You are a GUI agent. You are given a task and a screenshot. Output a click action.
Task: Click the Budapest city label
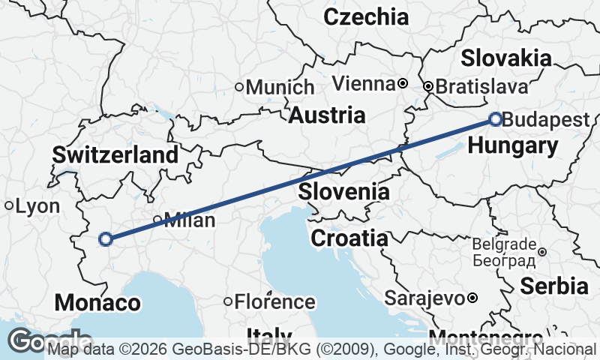[546, 120]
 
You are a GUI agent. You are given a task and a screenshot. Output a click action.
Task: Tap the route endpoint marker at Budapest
[495, 118]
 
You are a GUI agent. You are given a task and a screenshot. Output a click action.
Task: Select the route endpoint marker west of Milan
[106, 239]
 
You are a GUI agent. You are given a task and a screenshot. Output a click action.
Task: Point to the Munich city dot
[240, 87]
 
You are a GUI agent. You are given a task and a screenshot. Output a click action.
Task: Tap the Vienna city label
[363, 82]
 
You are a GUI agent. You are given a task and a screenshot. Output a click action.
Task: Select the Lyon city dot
[9, 205]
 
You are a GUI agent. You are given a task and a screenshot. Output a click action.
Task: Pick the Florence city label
[274, 302]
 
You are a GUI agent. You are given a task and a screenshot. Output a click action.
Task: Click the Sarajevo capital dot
[472, 298]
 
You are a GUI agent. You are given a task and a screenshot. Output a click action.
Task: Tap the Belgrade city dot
[542, 252]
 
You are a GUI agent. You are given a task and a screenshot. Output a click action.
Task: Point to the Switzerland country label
[115, 155]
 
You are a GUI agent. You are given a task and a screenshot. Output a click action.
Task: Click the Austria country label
[327, 115]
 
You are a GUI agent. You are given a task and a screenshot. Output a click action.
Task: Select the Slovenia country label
[343, 192]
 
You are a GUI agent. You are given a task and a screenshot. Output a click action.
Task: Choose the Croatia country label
[349, 238]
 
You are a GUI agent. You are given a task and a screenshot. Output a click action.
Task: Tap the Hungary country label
[513, 145]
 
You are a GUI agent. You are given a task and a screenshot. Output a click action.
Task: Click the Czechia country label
[366, 16]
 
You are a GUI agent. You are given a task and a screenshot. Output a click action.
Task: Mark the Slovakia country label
[506, 58]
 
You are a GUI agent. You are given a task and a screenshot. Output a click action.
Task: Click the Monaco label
[97, 303]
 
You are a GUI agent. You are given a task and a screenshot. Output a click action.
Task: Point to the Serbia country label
[553, 286]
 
